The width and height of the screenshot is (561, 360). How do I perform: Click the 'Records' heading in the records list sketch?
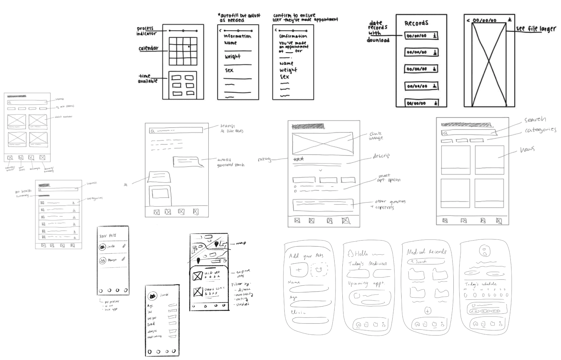416,23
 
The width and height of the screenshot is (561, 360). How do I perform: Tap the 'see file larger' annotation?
536,29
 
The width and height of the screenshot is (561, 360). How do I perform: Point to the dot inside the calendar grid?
189,47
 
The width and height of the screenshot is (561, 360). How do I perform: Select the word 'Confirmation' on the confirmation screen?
293,36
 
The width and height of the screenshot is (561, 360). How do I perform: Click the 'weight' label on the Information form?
233,57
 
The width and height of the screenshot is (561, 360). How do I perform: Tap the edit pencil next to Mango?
123,259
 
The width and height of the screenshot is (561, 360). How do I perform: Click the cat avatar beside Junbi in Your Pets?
102,247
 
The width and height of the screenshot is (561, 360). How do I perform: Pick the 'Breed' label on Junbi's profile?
151,324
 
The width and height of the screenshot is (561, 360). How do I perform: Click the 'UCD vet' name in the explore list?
212,273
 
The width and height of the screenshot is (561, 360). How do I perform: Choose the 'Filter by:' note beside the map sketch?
241,284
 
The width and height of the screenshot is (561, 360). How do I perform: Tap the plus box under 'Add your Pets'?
299,270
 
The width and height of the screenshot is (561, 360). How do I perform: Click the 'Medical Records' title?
426,252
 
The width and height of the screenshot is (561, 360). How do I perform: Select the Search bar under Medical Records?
426,261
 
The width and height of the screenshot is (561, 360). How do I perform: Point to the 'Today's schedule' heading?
480,284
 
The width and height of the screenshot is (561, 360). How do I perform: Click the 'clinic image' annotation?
376,136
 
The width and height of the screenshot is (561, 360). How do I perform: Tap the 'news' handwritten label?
527,149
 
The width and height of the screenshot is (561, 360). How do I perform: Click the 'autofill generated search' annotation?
230,162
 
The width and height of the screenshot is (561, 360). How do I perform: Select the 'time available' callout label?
147,79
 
